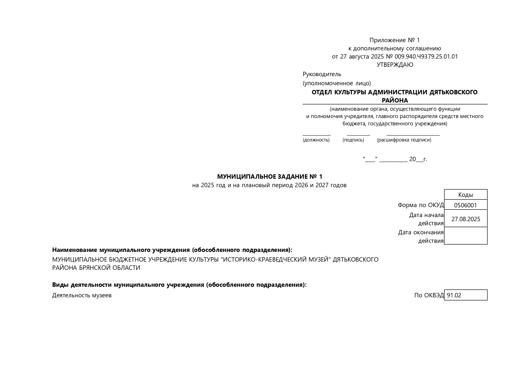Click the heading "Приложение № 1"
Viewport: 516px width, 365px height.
[394, 40]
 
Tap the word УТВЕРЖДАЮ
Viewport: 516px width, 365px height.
[395, 65]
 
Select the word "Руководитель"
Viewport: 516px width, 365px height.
[322, 74]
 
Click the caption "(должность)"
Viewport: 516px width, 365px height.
[316, 140]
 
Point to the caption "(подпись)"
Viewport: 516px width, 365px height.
[353, 140]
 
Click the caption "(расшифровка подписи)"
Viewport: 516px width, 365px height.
[404, 140]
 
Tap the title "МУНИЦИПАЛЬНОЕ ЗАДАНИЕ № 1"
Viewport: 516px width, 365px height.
[269, 177]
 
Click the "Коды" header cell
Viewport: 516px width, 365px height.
[465, 195]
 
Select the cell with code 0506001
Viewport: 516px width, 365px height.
[465, 205]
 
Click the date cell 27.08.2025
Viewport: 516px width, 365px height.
[465, 219]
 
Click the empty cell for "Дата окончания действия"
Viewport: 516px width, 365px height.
[465, 236]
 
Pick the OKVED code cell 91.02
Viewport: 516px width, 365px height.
[465, 295]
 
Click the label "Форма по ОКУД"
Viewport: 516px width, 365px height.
[420, 205]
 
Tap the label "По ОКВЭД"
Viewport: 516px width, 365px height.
[429, 295]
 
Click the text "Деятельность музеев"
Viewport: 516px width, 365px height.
[82, 295]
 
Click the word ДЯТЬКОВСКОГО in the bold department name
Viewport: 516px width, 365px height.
[453, 92]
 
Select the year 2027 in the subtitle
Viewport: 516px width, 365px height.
[322, 185]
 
